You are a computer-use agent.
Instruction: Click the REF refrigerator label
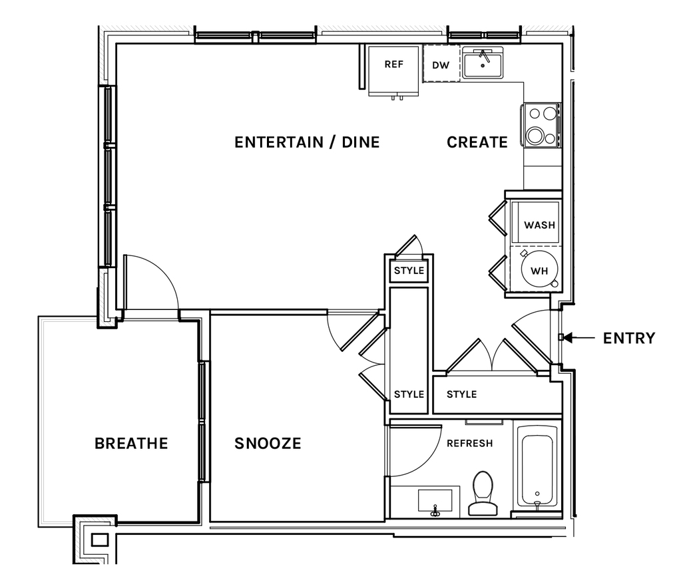[x=394, y=65]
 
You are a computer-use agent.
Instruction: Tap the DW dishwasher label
[x=441, y=65]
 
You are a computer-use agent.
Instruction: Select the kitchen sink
[x=483, y=63]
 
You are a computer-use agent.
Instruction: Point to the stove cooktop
[x=542, y=124]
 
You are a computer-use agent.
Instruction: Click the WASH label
[x=539, y=225]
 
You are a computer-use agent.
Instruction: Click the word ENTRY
[x=629, y=338]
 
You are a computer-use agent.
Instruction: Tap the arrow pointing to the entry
[x=579, y=337]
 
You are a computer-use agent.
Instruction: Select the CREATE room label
[x=477, y=142]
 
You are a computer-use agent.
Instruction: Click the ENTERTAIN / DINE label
[x=307, y=142]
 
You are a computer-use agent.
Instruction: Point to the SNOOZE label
[x=268, y=444]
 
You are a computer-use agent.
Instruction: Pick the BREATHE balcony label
[x=131, y=444]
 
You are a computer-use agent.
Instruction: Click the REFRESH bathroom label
[x=470, y=444]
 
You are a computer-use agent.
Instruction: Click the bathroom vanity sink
[x=435, y=502]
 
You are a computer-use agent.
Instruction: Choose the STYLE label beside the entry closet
[x=462, y=394]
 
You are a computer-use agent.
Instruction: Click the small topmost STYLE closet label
[x=409, y=271]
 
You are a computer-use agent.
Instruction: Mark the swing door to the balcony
[x=150, y=282]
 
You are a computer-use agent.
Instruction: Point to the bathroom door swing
[x=415, y=451]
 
